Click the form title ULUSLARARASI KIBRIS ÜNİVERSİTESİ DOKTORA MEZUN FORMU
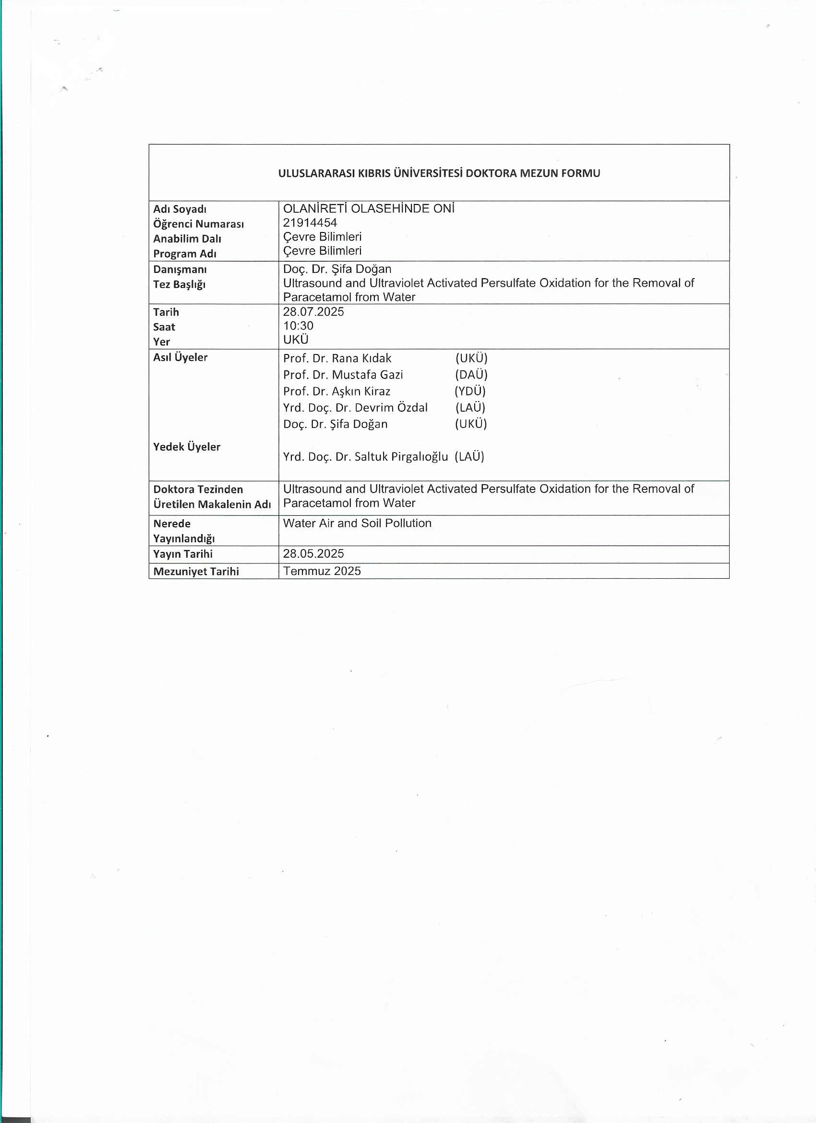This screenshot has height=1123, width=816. tap(439, 173)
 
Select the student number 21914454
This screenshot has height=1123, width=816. tap(310, 223)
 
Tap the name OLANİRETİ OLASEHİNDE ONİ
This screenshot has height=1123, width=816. tap(369, 208)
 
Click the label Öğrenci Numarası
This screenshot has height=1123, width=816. tap(198, 224)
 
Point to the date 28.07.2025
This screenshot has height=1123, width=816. tap(313, 311)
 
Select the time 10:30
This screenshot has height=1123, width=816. tap(298, 325)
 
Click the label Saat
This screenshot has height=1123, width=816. tap(164, 327)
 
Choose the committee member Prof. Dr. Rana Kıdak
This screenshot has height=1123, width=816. tap(337, 358)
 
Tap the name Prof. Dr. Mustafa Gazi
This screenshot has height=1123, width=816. tap(343, 374)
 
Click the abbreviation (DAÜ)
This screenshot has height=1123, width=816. tap(471, 374)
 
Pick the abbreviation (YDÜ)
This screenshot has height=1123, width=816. tap(470, 391)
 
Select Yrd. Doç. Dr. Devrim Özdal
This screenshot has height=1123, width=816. tap(355, 407)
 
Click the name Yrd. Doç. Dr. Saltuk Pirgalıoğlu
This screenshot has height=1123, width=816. tap(365, 456)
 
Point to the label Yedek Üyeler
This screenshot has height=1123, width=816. tap(187, 447)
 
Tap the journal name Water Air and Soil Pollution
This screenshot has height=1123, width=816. tap(357, 523)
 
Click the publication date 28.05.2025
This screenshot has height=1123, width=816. tap(313, 554)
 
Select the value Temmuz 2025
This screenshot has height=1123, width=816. tap(322, 571)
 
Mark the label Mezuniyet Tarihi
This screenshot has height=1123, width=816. tap(196, 572)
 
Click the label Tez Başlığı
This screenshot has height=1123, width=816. tap(179, 284)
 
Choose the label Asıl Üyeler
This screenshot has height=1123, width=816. tap(180, 357)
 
